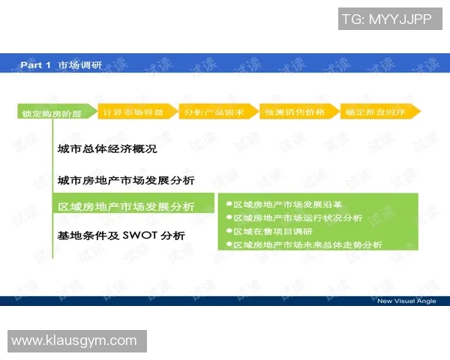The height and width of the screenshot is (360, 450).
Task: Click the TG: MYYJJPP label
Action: click(x=386, y=19)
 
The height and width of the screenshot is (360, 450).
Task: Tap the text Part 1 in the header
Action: click(x=36, y=65)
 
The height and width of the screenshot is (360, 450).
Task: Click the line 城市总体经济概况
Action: click(x=107, y=149)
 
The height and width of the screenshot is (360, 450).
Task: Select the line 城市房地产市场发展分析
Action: click(x=126, y=181)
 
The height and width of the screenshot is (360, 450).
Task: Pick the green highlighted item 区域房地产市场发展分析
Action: click(x=126, y=207)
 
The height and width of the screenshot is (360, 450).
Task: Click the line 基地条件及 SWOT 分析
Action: click(x=121, y=235)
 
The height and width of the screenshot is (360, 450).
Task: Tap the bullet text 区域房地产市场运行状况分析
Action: click(x=298, y=217)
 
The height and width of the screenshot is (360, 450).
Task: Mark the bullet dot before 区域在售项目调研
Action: click(x=229, y=231)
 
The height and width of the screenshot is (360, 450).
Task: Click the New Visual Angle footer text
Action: click(x=406, y=301)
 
